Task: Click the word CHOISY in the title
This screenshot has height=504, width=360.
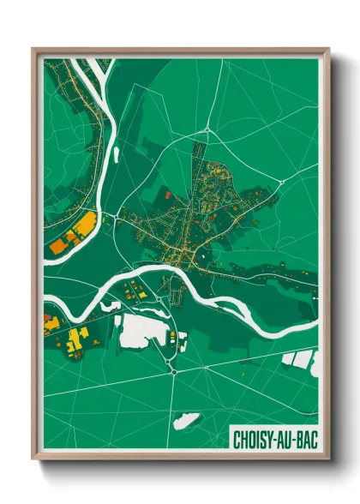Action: click(x=254, y=440)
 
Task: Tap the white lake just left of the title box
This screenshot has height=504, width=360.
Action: click(x=187, y=421)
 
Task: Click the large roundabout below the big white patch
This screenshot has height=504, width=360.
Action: click(x=174, y=370)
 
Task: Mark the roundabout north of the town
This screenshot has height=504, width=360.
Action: click(x=207, y=130)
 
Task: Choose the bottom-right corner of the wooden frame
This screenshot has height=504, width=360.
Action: click(x=329, y=460)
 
